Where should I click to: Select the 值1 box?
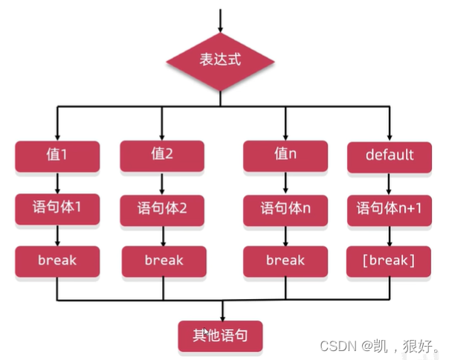click(x=57, y=156)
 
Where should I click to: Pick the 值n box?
click(x=285, y=155)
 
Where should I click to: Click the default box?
click(x=390, y=155)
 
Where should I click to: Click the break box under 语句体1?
click(x=57, y=261)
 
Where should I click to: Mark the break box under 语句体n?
click(x=285, y=261)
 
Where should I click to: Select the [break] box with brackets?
click(x=390, y=261)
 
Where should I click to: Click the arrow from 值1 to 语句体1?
click(x=57, y=183)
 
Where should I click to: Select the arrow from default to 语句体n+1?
click(x=390, y=183)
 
